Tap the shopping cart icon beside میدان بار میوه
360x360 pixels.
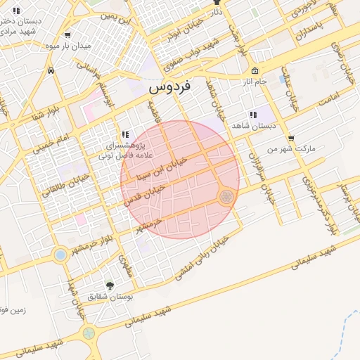pyautogui.click(x=67, y=34)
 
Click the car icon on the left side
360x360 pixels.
pyautogui.click(x=51, y=70)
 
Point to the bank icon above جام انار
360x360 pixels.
pyautogui.click(x=255, y=71)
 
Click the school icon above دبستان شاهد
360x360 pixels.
pyautogui.click(x=252, y=115)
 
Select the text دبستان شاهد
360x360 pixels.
pyautogui.click(x=255, y=126)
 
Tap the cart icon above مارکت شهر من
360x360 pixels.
pyautogui.click(x=291, y=139)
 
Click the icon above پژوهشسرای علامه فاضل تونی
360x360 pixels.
pyautogui.click(x=124, y=134)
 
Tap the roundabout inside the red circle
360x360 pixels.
pyautogui.click(x=226, y=197)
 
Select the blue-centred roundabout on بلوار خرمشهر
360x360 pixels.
pyautogui.click(x=60, y=254)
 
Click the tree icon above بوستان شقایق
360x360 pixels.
pyautogui.click(x=109, y=285)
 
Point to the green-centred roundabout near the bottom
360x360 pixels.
pyautogui.click(x=89, y=333)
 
